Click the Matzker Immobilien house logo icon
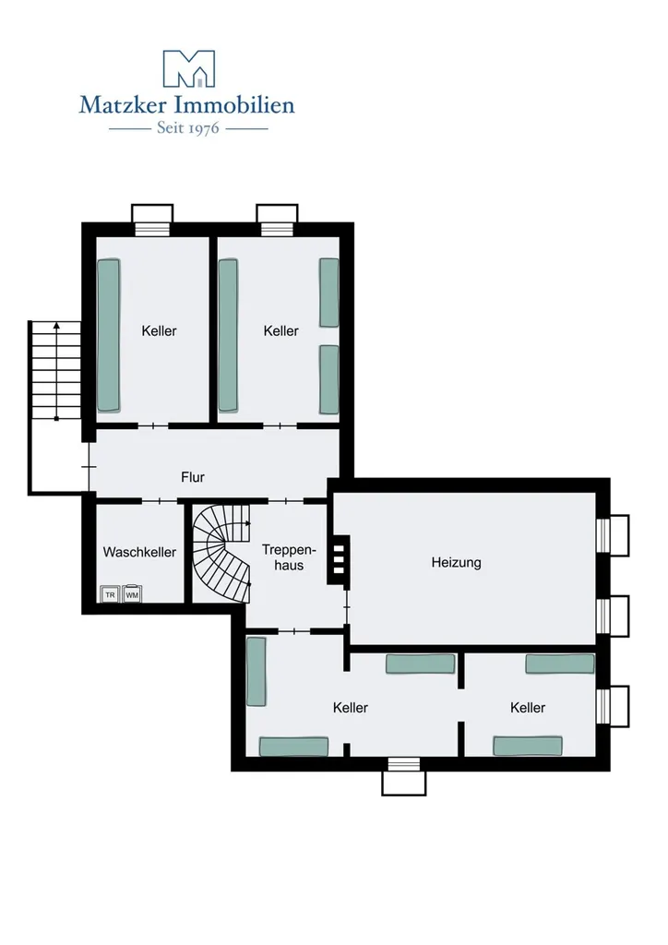188,68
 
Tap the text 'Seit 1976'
188,128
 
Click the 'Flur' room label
193,477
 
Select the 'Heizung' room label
456,563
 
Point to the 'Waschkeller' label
139,552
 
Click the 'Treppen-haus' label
289,557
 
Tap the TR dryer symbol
110,594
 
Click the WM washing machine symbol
132,594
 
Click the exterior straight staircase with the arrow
55,371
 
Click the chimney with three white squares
339,559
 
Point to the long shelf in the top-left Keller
109,336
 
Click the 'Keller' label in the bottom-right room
528,708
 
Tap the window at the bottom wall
403,776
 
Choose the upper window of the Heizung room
612,535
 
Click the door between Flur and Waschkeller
160,500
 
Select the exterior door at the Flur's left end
89,466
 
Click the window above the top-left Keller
152,221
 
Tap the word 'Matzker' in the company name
124,105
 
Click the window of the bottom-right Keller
612,706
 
